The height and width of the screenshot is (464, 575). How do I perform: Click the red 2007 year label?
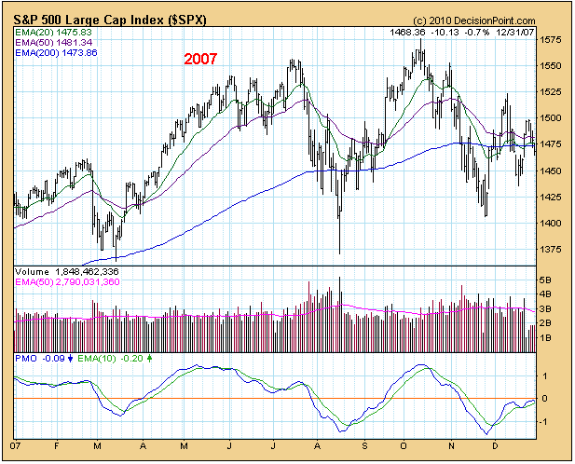click(199, 59)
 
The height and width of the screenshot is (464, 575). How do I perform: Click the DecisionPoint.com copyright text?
click(475, 20)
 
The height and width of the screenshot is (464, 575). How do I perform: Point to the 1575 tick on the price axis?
click(551, 40)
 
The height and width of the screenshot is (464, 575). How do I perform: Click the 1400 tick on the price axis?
click(551, 224)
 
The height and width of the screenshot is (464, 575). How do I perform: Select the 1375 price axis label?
click(551, 250)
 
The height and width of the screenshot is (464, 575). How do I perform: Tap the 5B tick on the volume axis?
click(548, 280)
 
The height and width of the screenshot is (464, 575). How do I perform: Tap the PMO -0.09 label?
click(42, 358)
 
